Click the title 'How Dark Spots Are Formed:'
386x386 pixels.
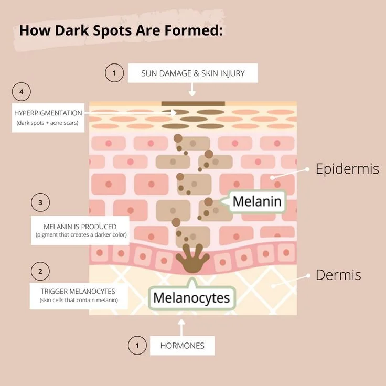tap(121, 30)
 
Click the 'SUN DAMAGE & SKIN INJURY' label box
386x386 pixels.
tap(192, 73)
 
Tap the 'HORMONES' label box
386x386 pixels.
tap(182, 346)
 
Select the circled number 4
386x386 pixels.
tap(22, 92)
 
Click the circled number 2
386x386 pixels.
tap(40, 272)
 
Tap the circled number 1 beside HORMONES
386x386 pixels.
tap(137, 346)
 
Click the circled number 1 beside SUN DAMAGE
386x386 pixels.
tap(114, 73)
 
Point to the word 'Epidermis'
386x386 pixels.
tap(347, 169)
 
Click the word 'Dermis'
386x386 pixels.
tap(338, 275)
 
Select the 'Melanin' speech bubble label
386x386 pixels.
tap(257, 201)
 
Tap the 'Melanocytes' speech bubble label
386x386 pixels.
tap(191, 298)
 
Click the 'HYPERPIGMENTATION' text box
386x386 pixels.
tap(48, 117)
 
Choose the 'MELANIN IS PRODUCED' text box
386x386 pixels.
tap(80, 230)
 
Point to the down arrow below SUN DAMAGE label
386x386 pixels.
tap(192, 90)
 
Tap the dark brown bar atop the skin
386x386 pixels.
tap(193, 103)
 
